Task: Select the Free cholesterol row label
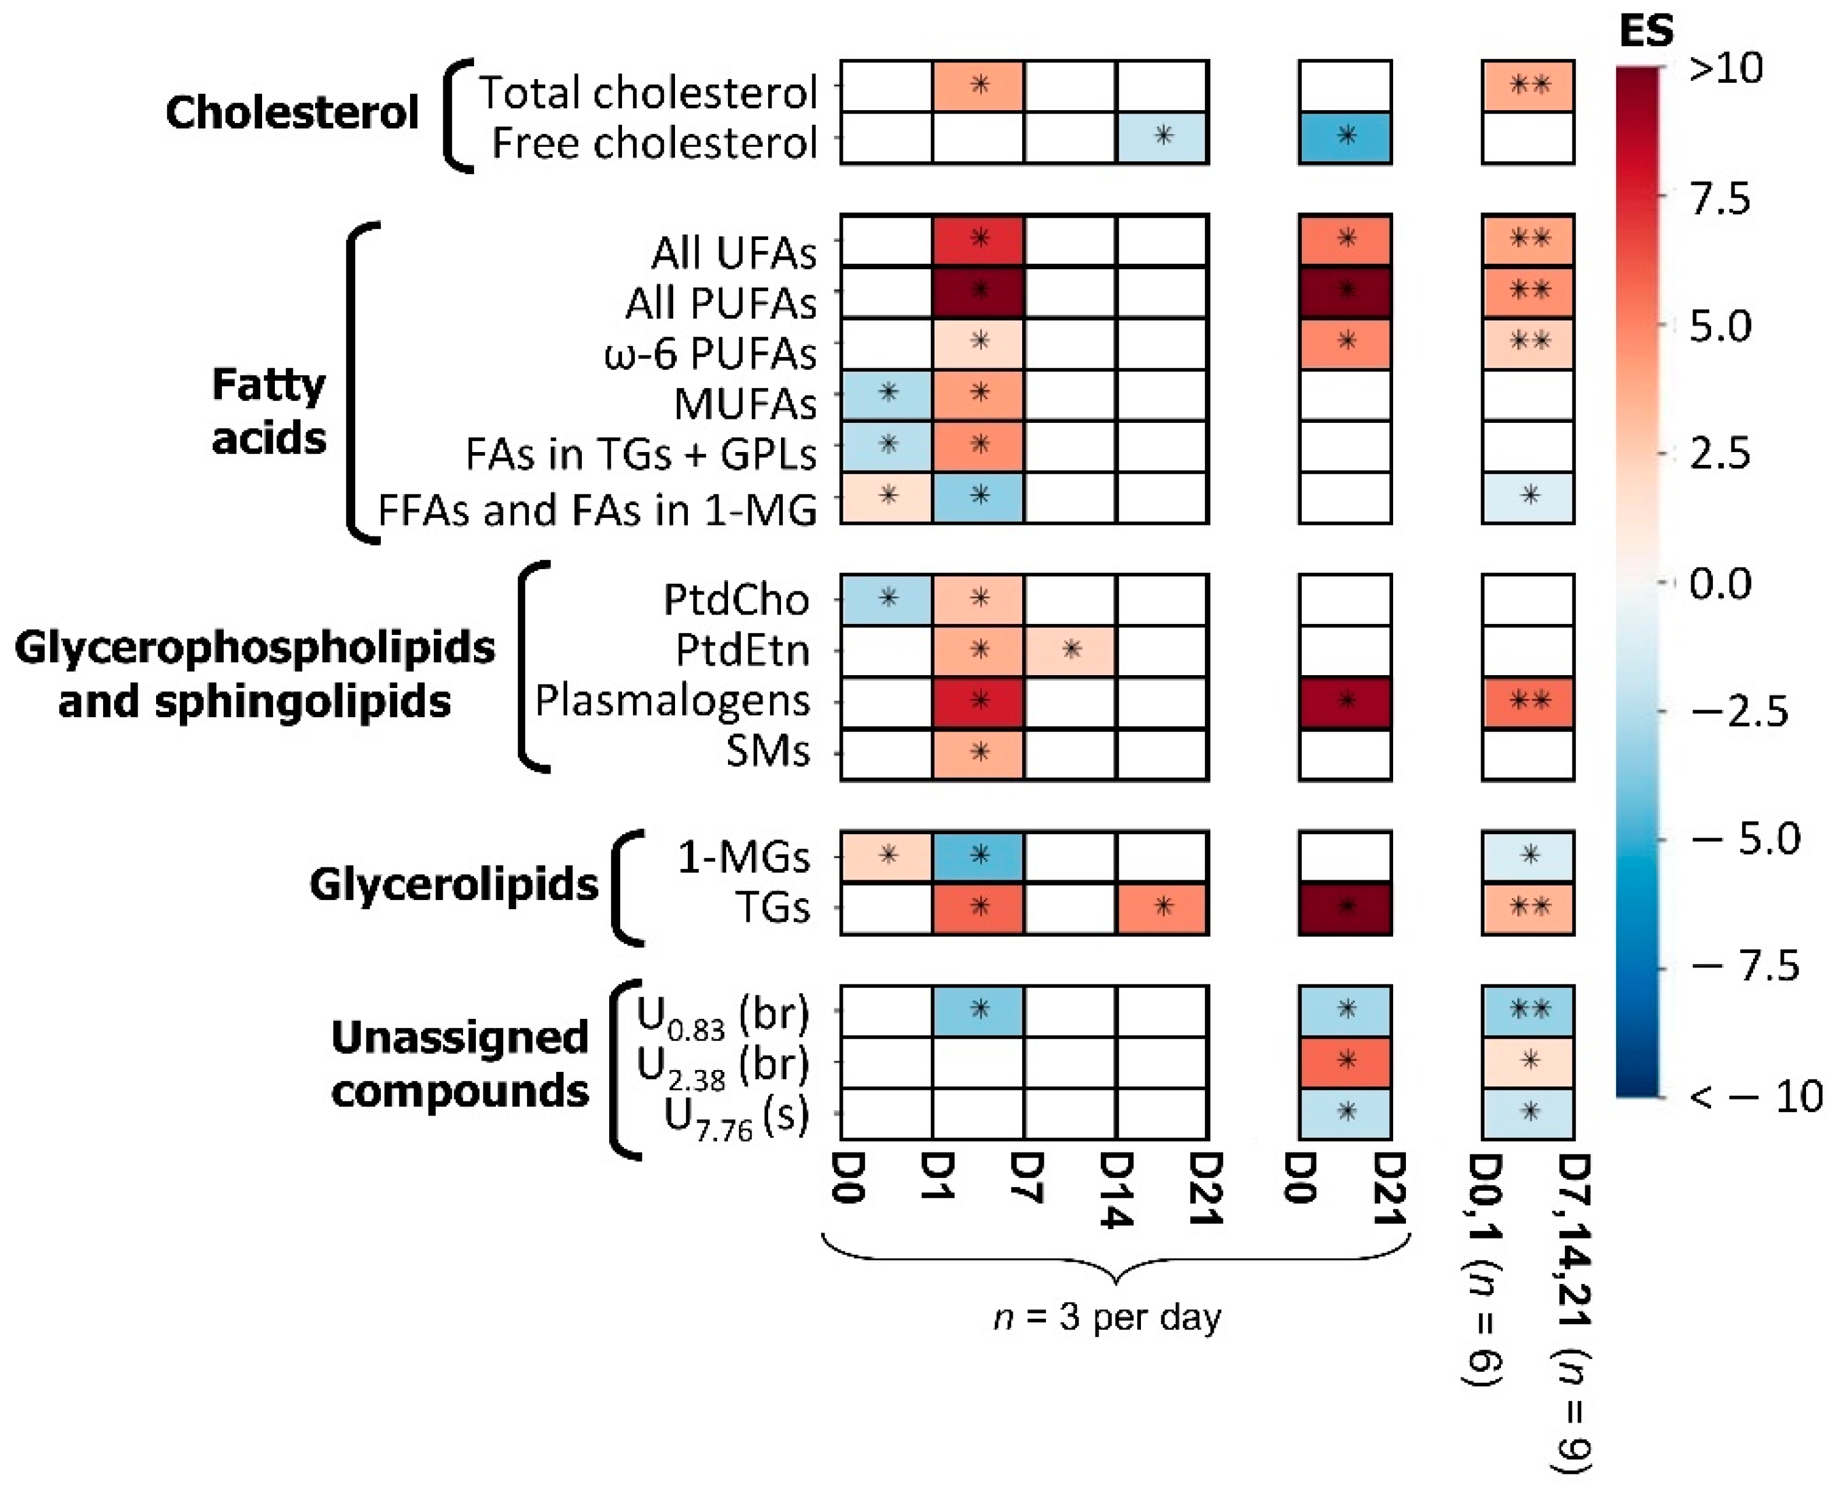click(653, 143)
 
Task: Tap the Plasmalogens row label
click(672, 700)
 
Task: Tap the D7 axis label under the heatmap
click(1025, 1178)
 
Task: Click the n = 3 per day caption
click(1107, 1316)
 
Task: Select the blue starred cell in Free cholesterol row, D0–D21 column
click(1345, 137)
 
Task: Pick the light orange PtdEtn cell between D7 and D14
click(1070, 651)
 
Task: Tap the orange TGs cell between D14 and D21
click(1162, 908)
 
